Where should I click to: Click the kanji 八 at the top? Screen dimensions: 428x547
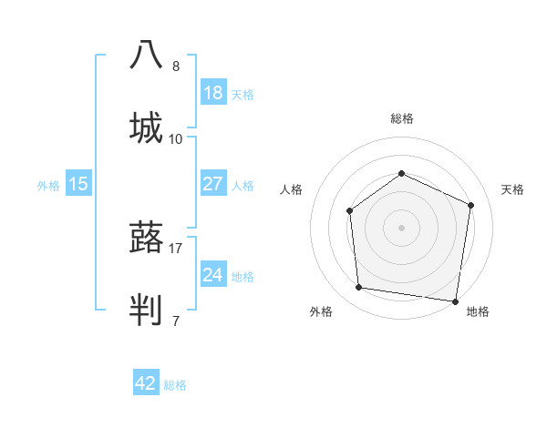coord(146,55)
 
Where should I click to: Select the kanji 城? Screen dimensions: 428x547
coord(146,127)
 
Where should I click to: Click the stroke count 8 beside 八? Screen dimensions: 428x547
coord(176,66)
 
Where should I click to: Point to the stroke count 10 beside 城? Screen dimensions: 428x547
coord(176,138)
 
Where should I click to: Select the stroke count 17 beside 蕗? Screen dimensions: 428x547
coord(176,247)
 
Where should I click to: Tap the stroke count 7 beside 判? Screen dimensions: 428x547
coord(176,320)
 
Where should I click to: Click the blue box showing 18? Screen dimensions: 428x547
coord(213,93)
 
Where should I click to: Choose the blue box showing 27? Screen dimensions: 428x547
coord(213,184)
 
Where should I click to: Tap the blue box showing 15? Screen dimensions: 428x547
coord(78,184)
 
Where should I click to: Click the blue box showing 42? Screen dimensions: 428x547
coord(146,383)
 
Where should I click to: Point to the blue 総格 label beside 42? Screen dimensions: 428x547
coord(175,385)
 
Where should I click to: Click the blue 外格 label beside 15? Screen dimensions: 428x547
coord(48,186)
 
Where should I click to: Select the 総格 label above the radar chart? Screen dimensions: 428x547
coord(401,118)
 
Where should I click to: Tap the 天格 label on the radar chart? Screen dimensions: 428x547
coord(512,189)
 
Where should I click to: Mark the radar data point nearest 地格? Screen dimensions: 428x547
coord(455,301)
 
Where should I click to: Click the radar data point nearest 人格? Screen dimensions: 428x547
coord(350,211)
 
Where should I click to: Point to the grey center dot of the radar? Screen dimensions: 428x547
coord(401,228)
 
